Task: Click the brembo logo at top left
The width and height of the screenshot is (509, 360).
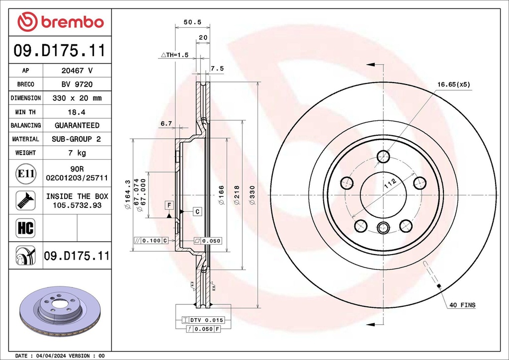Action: pyautogui.click(x=60, y=22)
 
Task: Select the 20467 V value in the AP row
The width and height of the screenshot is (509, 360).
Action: pyautogui.click(x=77, y=71)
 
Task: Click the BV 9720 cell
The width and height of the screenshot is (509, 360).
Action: pyautogui.click(x=77, y=85)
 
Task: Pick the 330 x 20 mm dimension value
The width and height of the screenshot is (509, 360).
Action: pyautogui.click(x=77, y=98)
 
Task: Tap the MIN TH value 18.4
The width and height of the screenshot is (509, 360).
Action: pyautogui.click(x=77, y=112)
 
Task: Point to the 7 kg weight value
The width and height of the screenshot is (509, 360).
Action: pyautogui.click(x=77, y=153)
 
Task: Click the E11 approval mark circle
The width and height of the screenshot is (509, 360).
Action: pyautogui.click(x=25, y=174)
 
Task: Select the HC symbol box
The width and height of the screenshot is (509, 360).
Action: pyautogui.click(x=25, y=228)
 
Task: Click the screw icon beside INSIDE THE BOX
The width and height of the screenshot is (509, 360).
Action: pyautogui.click(x=25, y=200)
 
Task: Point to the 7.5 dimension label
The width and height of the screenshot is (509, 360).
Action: pyautogui.click(x=217, y=68)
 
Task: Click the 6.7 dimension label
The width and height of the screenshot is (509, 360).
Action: pyautogui.click(x=166, y=123)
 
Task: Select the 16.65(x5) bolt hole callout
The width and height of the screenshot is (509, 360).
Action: pyautogui.click(x=453, y=85)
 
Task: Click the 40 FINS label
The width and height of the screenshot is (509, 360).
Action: pyautogui.click(x=462, y=305)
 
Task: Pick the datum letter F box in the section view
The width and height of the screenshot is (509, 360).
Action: pyautogui.click(x=169, y=205)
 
